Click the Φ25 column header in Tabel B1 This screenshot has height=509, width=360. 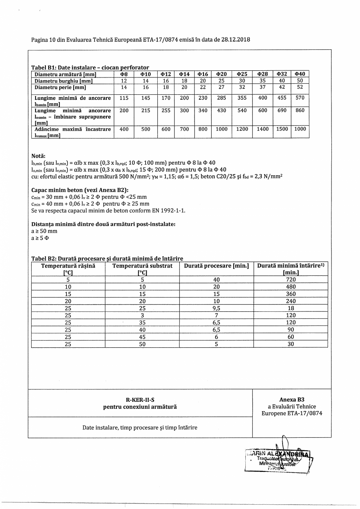(x=242, y=74)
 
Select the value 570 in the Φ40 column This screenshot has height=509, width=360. (x=300, y=98)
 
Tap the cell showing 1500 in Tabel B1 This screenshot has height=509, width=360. (x=282, y=129)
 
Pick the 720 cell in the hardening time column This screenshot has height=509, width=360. (x=291, y=280)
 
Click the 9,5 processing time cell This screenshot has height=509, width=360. (x=216, y=308)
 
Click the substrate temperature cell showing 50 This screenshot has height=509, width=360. (x=142, y=344)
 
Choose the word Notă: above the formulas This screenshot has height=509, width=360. (x=38, y=156)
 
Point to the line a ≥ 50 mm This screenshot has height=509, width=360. (x=44, y=231)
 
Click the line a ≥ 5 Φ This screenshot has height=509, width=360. (x=40, y=237)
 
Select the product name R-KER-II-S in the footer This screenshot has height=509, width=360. (x=140, y=400)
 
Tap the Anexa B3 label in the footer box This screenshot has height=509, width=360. (x=292, y=400)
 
